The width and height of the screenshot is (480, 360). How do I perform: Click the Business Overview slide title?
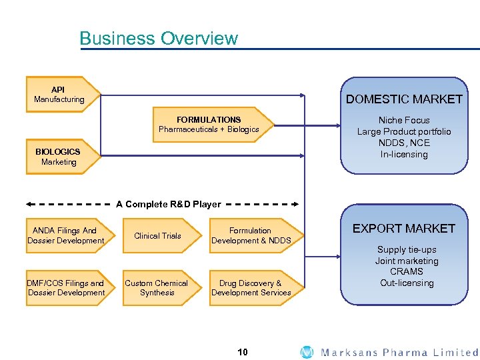(158, 39)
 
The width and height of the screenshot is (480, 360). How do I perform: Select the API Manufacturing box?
(60, 95)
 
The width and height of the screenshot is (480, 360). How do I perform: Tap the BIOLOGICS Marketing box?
(60, 157)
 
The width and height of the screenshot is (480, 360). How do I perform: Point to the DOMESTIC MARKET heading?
(404, 99)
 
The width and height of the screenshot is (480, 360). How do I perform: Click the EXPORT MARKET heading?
(404, 229)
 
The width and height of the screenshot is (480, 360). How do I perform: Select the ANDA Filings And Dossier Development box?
(66, 235)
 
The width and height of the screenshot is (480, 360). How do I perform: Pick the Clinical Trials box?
(157, 236)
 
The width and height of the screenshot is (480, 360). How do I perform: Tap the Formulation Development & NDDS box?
(251, 235)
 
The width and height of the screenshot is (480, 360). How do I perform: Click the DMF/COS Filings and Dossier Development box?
(66, 288)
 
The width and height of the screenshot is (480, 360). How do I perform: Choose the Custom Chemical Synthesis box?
(157, 288)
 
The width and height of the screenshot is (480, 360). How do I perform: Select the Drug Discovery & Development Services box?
(251, 288)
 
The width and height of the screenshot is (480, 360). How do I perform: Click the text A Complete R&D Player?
(168, 204)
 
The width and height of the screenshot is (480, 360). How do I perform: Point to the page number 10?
(243, 351)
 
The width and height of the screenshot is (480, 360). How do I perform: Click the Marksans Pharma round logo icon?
(307, 352)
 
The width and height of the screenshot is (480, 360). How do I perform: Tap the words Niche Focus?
(404, 121)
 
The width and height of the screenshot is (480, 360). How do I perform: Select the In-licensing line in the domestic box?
(404, 155)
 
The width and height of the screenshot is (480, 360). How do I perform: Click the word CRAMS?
(406, 272)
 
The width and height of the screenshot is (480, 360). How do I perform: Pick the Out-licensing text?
(406, 283)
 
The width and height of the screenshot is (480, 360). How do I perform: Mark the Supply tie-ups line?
(406, 250)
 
